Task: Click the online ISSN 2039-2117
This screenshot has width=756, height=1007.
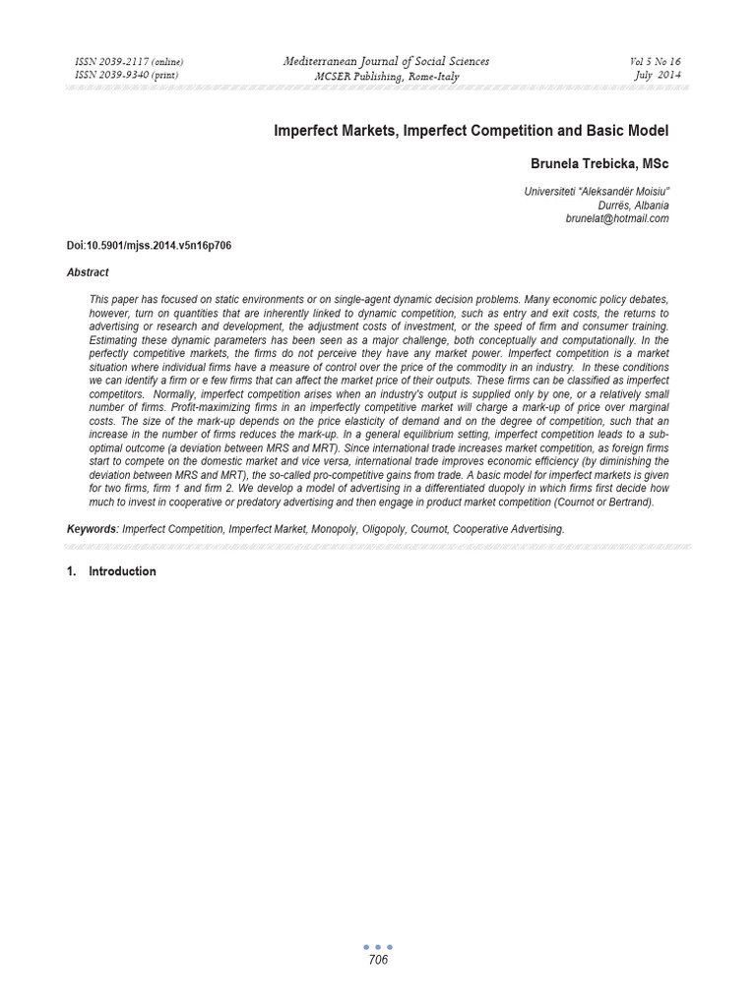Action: (x=129, y=62)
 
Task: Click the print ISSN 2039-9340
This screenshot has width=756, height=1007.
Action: (x=128, y=76)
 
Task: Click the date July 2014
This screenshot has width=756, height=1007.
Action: (x=655, y=76)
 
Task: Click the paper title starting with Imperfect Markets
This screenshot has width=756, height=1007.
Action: (x=472, y=131)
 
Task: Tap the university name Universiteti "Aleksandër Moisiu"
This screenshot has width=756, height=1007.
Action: (x=597, y=192)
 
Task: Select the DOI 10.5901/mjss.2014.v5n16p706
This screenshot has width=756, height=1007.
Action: (x=150, y=245)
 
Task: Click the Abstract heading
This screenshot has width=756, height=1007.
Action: (x=88, y=272)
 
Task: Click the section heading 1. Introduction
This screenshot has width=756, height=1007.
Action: (x=111, y=571)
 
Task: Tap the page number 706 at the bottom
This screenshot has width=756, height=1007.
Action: (x=378, y=961)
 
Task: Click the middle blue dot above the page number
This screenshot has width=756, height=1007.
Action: (x=378, y=947)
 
